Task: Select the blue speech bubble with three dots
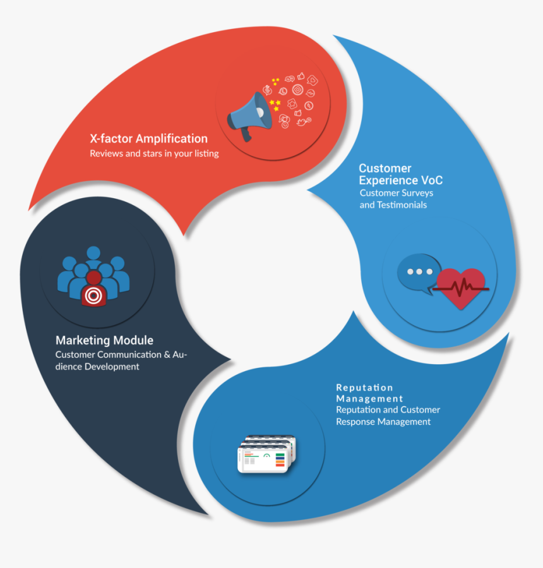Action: click(418, 273)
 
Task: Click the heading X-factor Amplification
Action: click(148, 139)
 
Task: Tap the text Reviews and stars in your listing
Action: click(154, 153)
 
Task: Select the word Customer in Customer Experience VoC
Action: click(385, 169)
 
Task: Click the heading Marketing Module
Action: click(104, 340)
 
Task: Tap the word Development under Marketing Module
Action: click(112, 367)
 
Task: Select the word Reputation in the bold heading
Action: click(364, 388)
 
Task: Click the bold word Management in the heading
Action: click(369, 399)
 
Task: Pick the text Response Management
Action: click(383, 422)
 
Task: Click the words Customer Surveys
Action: click(396, 193)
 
